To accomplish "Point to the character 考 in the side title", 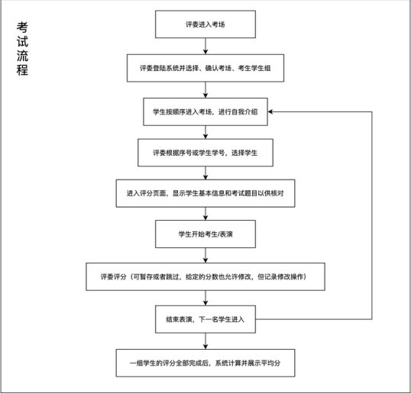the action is (22, 27).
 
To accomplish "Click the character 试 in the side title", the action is (22, 41).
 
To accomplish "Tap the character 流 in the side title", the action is (22, 56).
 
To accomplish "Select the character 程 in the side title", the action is (22, 69).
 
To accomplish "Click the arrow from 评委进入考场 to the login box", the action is (205, 46).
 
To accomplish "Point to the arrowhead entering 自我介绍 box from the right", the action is (270, 111).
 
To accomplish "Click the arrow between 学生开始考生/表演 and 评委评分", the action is (205, 255).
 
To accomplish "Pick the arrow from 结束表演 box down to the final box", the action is (205, 341).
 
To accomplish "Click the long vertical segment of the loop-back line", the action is (372, 215).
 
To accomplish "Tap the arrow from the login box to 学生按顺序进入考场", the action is (205, 90).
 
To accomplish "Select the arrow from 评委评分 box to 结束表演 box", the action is (205, 298).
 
